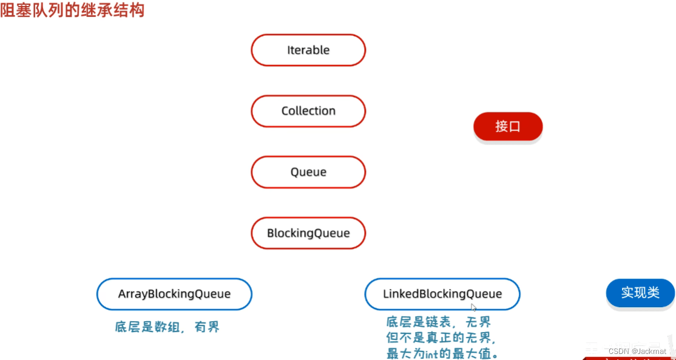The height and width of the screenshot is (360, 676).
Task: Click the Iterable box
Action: click(308, 50)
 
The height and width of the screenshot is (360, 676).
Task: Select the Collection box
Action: click(308, 111)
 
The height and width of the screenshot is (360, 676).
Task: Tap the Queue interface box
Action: click(308, 172)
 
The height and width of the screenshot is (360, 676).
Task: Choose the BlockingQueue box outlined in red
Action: click(308, 233)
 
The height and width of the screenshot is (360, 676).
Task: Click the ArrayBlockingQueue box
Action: click(174, 294)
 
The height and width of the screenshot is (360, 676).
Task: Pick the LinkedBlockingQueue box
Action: click(442, 294)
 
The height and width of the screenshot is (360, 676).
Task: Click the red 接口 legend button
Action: click(508, 126)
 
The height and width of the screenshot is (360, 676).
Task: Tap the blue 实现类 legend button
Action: click(640, 293)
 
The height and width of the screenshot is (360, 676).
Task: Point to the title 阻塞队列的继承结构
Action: click(72, 10)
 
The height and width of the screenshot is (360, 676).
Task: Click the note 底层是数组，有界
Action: click(167, 327)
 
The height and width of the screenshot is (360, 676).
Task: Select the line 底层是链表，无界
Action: click(438, 322)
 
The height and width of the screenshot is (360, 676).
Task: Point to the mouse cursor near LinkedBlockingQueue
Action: click(473, 307)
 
